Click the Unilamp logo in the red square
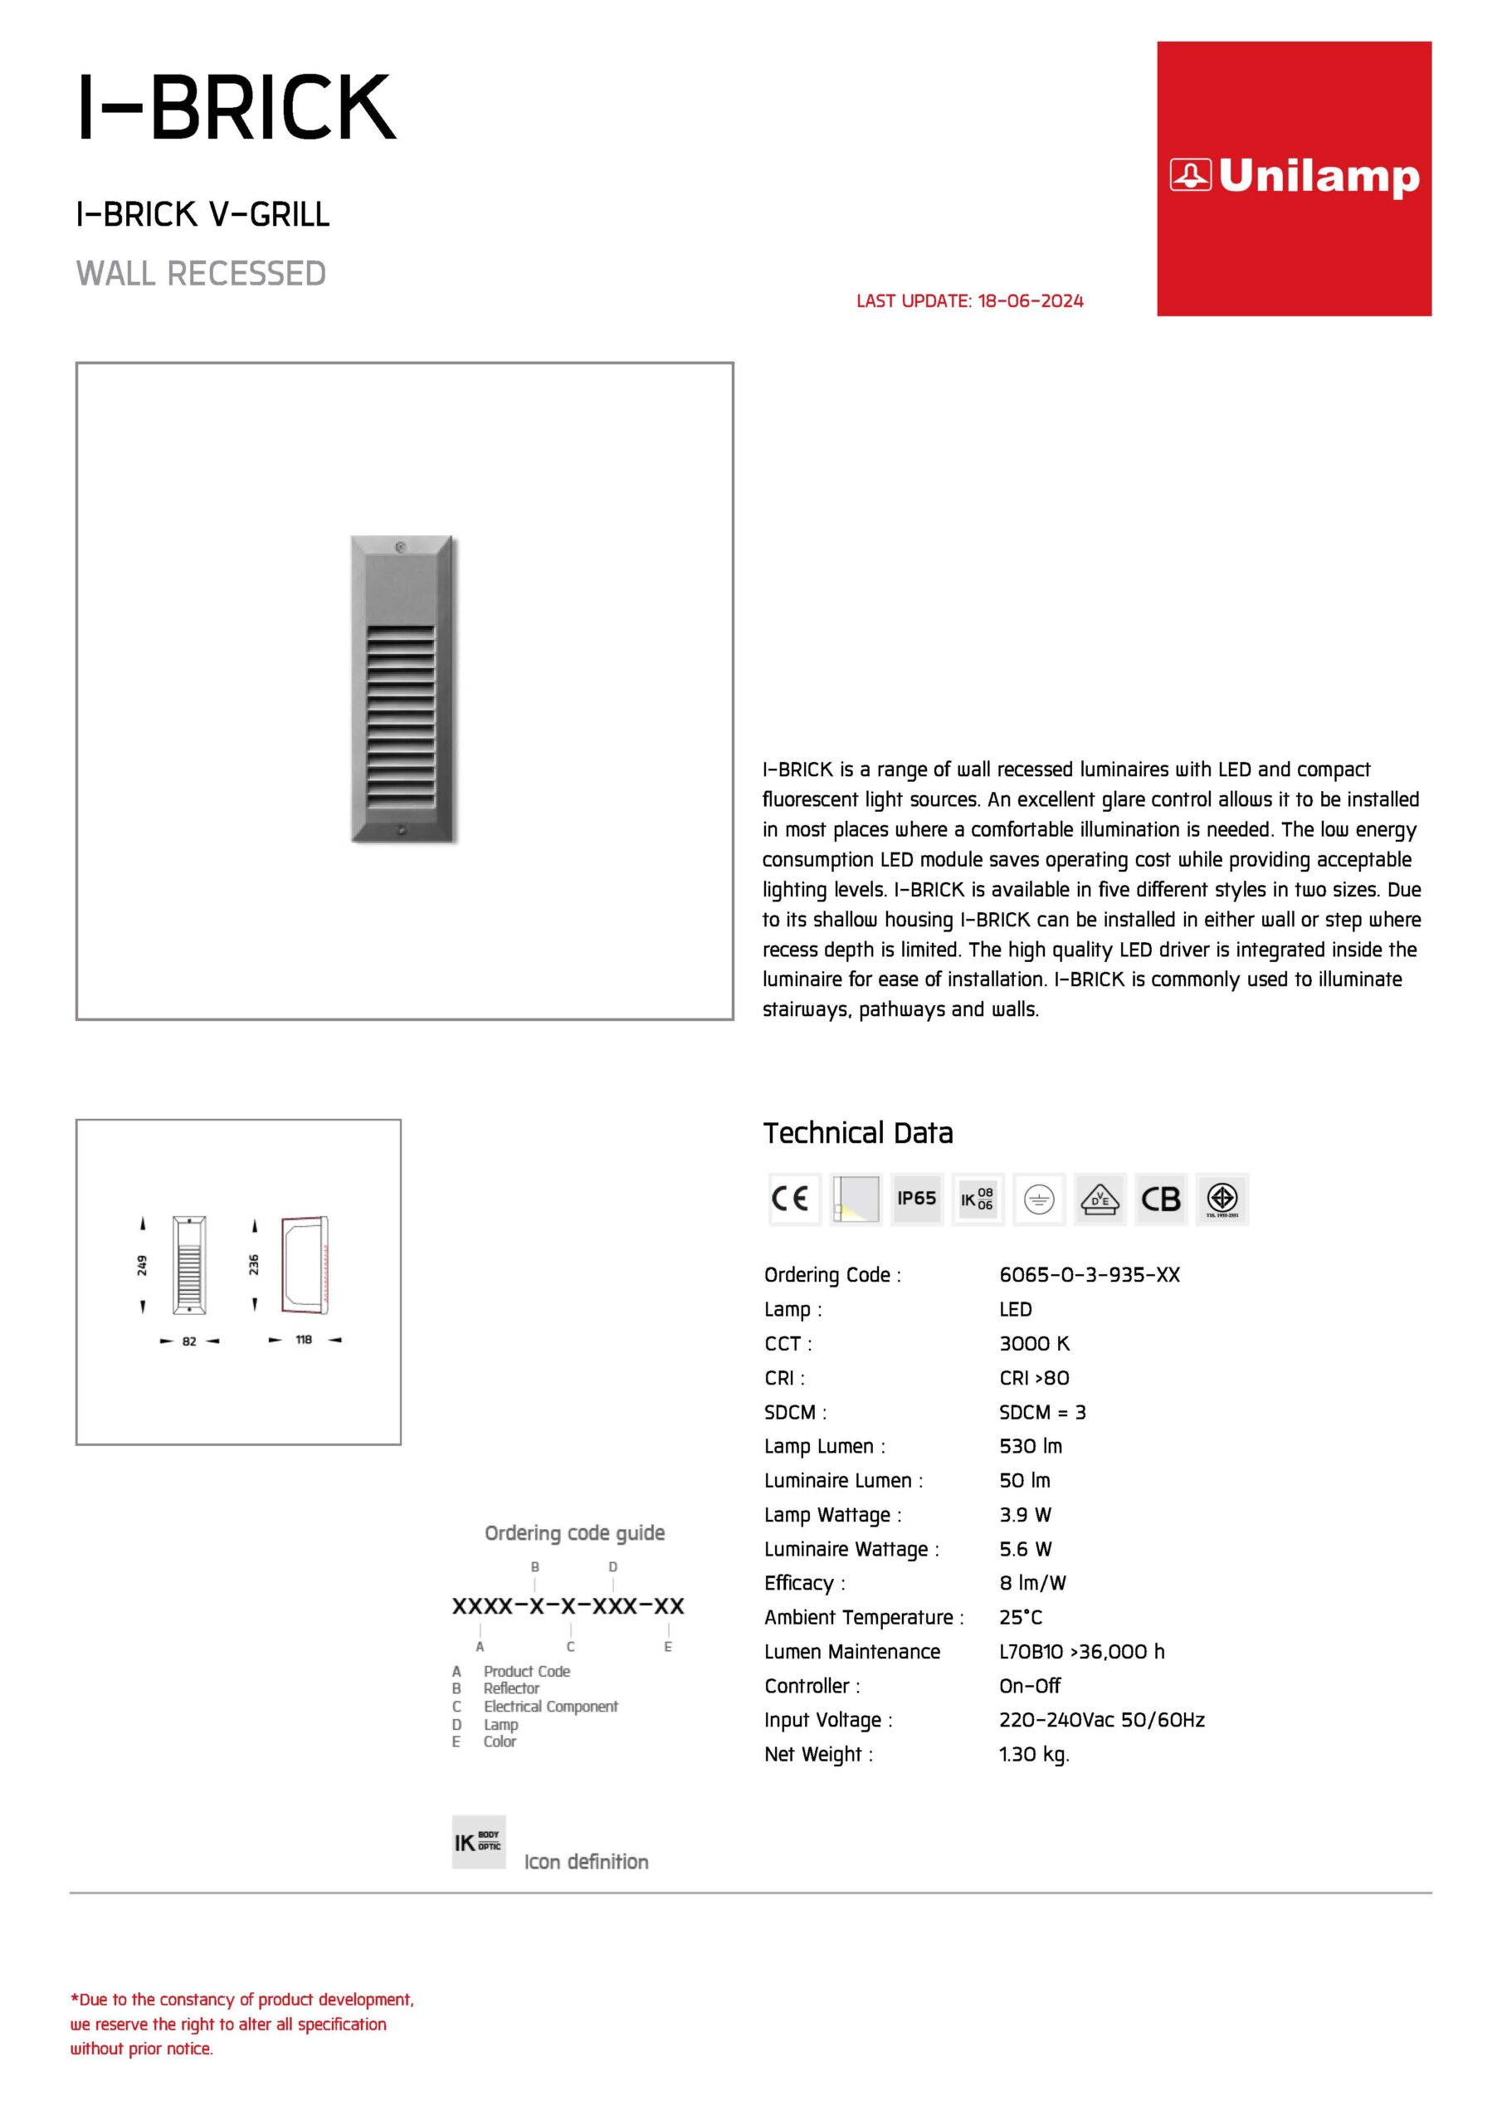(1294, 176)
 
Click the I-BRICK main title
(237, 107)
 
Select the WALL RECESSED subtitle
(201, 274)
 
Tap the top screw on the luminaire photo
(401, 548)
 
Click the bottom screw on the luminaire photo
(401, 830)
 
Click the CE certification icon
(793, 1199)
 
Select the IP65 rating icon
(916, 1199)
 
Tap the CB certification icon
(1160, 1199)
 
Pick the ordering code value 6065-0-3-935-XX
(1090, 1274)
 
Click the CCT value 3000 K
(1034, 1343)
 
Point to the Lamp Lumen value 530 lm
(1030, 1446)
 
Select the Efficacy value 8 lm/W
(1031, 1583)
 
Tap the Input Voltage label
(827, 1720)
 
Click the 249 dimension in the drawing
(143, 1265)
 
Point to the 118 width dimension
(304, 1339)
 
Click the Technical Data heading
(857, 1133)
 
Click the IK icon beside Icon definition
(479, 1842)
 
